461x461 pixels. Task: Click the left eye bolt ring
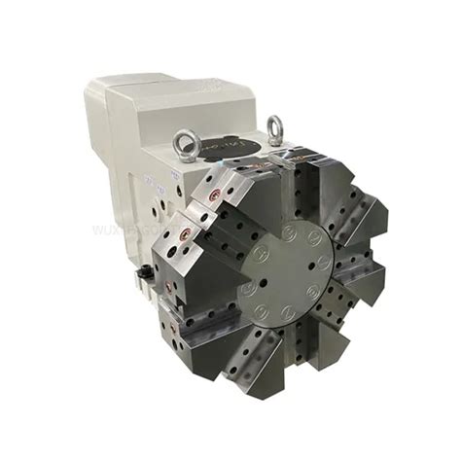point(185,143)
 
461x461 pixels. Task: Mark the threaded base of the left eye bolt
point(187,158)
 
